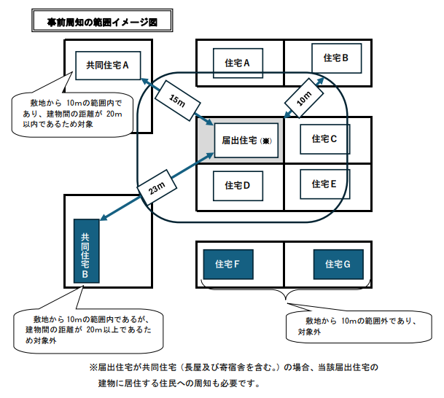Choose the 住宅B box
tap(335, 58)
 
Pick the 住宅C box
tap(324, 138)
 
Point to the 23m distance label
tap(155, 187)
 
